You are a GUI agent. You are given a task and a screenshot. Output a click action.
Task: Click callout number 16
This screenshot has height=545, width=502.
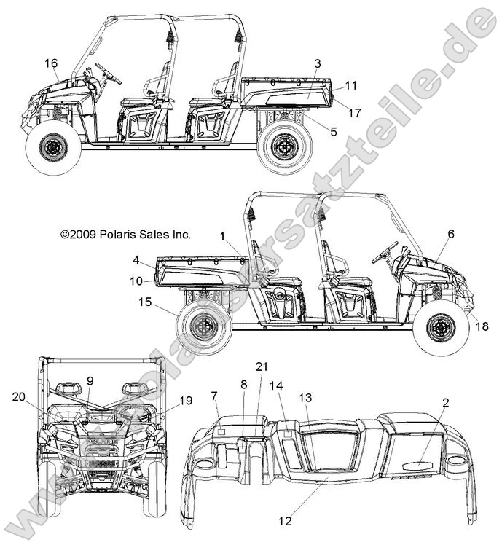click(51, 64)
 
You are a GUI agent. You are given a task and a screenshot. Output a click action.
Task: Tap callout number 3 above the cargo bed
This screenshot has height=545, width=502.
click(318, 64)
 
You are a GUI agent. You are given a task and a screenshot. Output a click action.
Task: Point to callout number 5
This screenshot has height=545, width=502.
click(333, 132)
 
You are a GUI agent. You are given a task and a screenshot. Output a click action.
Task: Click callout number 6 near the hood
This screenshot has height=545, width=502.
click(450, 234)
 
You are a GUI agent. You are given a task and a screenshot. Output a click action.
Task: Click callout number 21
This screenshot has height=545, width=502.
click(262, 366)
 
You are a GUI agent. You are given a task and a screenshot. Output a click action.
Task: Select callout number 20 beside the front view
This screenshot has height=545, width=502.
click(19, 396)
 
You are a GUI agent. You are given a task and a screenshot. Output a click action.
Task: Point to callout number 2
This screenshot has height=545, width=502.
click(446, 402)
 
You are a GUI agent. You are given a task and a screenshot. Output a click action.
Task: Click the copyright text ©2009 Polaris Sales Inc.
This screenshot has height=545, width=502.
click(125, 235)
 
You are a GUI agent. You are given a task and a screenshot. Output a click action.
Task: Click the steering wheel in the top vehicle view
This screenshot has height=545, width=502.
click(108, 73)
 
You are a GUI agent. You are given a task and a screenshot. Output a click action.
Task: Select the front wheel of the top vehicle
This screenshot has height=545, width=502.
click(52, 148)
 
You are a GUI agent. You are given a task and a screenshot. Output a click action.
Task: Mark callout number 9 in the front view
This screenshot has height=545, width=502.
click(90, 380)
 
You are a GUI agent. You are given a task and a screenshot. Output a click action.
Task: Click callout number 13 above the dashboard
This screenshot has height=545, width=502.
click(305, 397)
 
